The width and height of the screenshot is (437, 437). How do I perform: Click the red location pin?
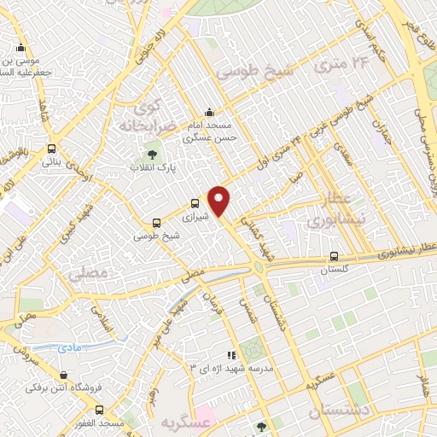[x=219, y=201]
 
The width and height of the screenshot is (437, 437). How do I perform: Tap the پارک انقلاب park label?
[x=152, y=168]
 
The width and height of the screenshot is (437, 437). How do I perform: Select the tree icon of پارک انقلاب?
[x=152, y=154]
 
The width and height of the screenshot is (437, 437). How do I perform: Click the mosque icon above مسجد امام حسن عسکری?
[x=210, y=112]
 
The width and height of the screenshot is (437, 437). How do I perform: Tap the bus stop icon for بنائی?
[x=52, y=148]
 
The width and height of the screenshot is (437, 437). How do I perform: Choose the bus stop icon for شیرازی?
[x=195, y=203]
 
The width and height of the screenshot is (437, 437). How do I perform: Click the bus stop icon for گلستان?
[x=334, y=256]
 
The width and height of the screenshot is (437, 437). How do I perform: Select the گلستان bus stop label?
[x=335, y=270]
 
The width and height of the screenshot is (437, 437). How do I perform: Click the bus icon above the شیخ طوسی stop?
[x=155, y=222]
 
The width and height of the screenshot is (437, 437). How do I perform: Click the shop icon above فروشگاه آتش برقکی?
[x=63, y=375]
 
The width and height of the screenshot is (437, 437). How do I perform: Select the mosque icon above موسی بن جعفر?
[x=20, y=48]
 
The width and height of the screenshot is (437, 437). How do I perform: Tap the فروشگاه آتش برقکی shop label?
[x=67, y=388]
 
